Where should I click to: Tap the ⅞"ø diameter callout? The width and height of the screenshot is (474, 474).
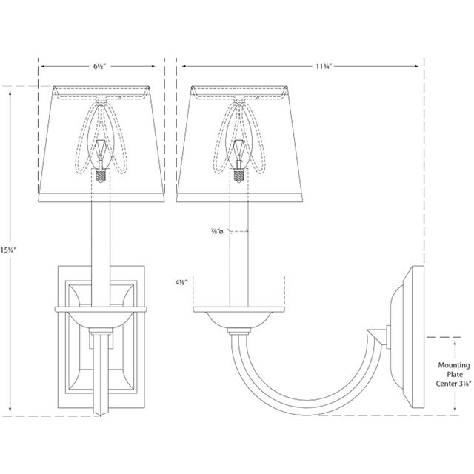point(216,233)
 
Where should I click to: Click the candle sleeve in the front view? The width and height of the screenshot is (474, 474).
point(99,237)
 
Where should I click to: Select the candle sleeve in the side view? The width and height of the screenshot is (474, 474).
point(239,252)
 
